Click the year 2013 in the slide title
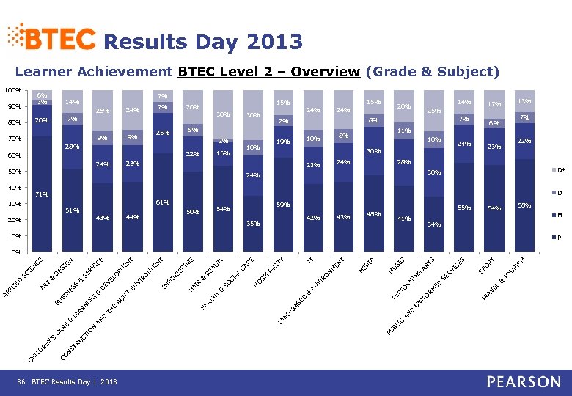[x=275, y=42]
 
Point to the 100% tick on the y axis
[x=11, y=90]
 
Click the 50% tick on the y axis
[x=13, y=172]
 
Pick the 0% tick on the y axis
[x=15, y=252]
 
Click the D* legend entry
[x=561, y=170]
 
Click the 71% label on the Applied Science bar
[x=42, y=195]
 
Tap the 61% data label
[x=163, y=202]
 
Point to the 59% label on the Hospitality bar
[x=282, y=205]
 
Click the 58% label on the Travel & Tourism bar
[x=524, y=205]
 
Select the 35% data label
[x=253, y=223]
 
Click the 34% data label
[x=434, y=224]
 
